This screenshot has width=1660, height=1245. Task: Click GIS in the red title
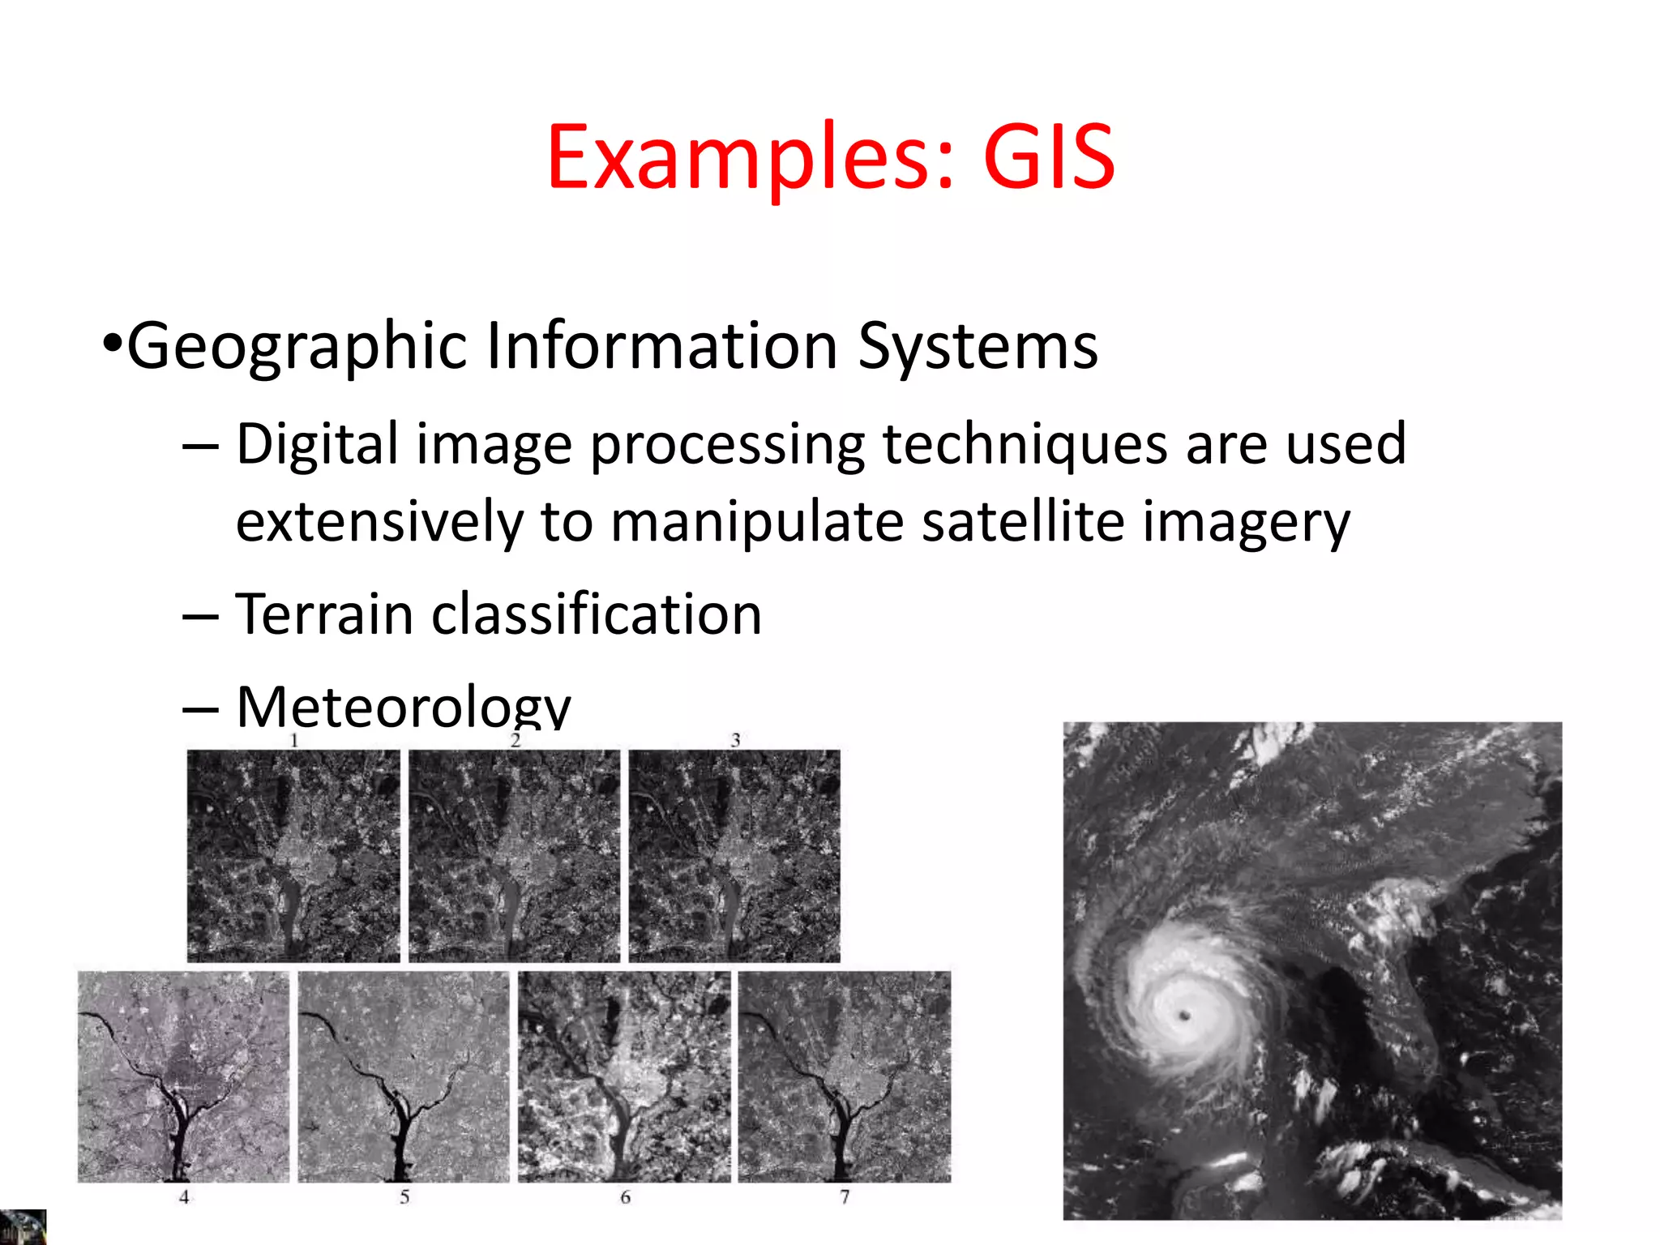[1049, 157]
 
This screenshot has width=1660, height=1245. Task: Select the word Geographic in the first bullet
[297, 347]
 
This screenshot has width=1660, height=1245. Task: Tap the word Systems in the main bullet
[978, 347]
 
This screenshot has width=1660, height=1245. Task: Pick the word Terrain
[324, 614]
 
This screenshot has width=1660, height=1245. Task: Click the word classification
[597, 614]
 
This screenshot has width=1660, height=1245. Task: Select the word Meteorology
[403, 705]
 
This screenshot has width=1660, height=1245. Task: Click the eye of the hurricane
[1185, 1015]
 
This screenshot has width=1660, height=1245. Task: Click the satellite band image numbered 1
[293, 856]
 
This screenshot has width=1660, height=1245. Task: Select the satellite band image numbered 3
[734, 856]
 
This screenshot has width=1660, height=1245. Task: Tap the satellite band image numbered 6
[624, 1076]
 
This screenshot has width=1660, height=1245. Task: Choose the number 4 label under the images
[184, 1197]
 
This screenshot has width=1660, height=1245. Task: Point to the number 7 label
[845, 1197]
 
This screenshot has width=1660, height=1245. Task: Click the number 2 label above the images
[515, 740]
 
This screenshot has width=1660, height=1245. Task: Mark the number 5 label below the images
[404, 1197]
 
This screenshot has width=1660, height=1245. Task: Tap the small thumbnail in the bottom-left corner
[23, 1227]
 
